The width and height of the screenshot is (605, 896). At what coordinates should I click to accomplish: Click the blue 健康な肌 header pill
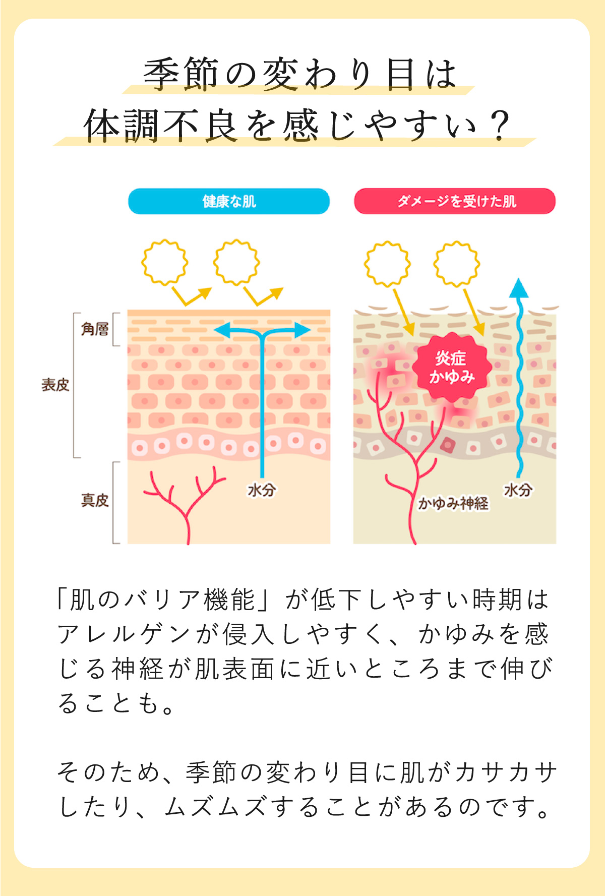pyautogui.click(x=229, y=201)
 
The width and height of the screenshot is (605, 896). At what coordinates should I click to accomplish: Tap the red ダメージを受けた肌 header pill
pyautogui.click(x=455, y=201)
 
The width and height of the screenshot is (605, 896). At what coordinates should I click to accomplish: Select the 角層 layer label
pyautogui.click(x=95, y=329)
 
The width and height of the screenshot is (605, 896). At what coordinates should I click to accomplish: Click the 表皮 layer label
pyautogui.click(x=55, y=385)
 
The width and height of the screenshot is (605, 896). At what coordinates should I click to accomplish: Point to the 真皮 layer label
pyautogui.click(x=95, y=500)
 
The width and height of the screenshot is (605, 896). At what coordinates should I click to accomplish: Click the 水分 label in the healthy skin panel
pyautogui.click(x=262, y=490)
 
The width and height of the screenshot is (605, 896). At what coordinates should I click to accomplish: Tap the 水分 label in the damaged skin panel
pyautogui.click(x=518, y=490)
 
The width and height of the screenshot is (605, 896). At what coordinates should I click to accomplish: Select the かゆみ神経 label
pyautogui.click(x=453, y=503)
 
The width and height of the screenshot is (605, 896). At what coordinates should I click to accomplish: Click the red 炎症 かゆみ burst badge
pyautogui.click(x=452, y=368)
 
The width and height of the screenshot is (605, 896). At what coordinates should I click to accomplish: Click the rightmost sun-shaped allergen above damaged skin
pyautogui.click(x=457, y=264)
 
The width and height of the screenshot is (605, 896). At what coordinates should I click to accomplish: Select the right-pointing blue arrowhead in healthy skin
pyautogui.click(x=302, y=331)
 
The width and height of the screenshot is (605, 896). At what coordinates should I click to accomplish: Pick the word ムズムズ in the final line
pyautogui.click(x=215, y=807)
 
